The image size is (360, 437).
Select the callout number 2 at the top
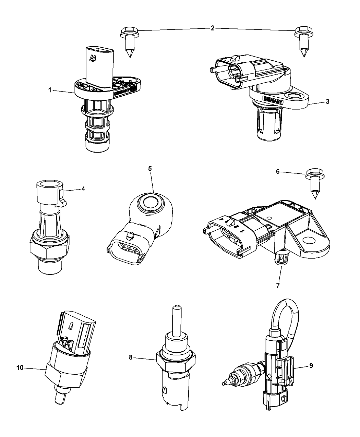point(213,28)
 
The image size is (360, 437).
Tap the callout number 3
point(328,101)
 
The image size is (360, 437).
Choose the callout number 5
point(150,169)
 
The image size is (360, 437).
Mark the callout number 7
point(278,285)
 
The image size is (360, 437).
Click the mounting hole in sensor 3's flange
point(294,96)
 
